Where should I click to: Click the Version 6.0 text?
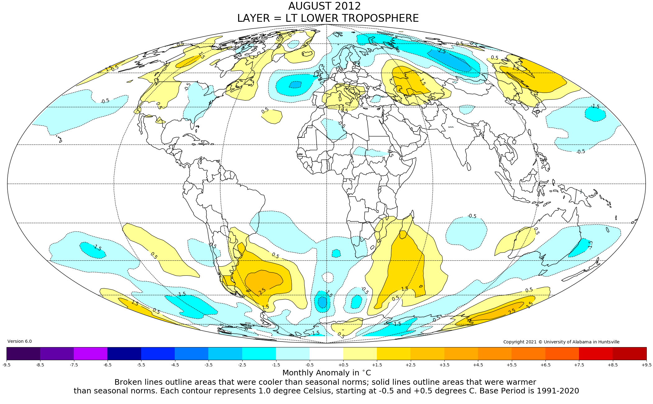coord(20,341)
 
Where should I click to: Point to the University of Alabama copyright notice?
coord(561,342)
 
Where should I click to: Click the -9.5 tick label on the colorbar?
coord(7,365)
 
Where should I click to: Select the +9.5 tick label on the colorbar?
coord(646,365)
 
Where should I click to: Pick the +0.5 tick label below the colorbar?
coord(343,365)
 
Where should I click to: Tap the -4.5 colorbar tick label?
coord(175,365)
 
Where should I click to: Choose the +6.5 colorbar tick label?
coord(545,365)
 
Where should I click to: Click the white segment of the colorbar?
coord(326,354)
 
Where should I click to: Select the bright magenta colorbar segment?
coord(90,354)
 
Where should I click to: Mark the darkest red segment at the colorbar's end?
coord(629,354)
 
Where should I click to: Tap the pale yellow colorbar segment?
coord(360,354)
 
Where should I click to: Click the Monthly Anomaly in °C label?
coord(327,373)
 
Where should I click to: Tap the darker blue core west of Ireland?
coord(295,84)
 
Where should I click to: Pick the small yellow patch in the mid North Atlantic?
coord(272,117)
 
